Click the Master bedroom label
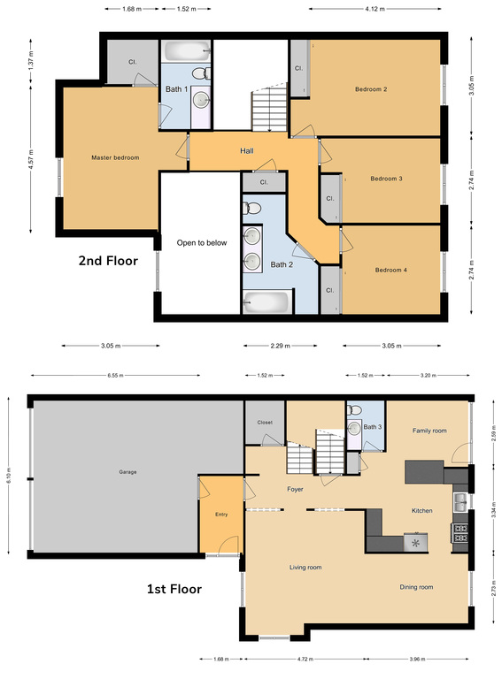(x=115, y=157)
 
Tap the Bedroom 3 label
(x=386, y=179)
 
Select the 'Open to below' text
(x=201, y=242)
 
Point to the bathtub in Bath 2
(x=266, y=302)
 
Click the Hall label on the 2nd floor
(x=247, y=151)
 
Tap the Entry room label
(x=221, y=514)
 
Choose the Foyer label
(x=296, y=488)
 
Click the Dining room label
(x=415, y=587)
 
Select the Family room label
(x=429, y=431)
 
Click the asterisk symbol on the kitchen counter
(x=415, y=543)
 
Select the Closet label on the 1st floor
(x=264, y=423)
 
